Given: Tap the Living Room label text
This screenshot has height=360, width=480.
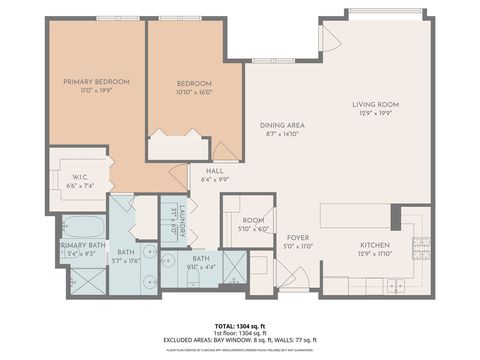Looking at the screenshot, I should click(375, 104).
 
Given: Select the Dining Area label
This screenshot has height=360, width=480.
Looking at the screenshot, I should click(282, 125).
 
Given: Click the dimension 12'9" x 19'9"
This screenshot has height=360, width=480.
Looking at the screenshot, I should click(375, 114).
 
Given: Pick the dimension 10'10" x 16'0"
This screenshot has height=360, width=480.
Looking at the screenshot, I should click(194, 91).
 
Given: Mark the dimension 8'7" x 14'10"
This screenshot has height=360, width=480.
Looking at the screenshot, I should click(282, 134).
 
